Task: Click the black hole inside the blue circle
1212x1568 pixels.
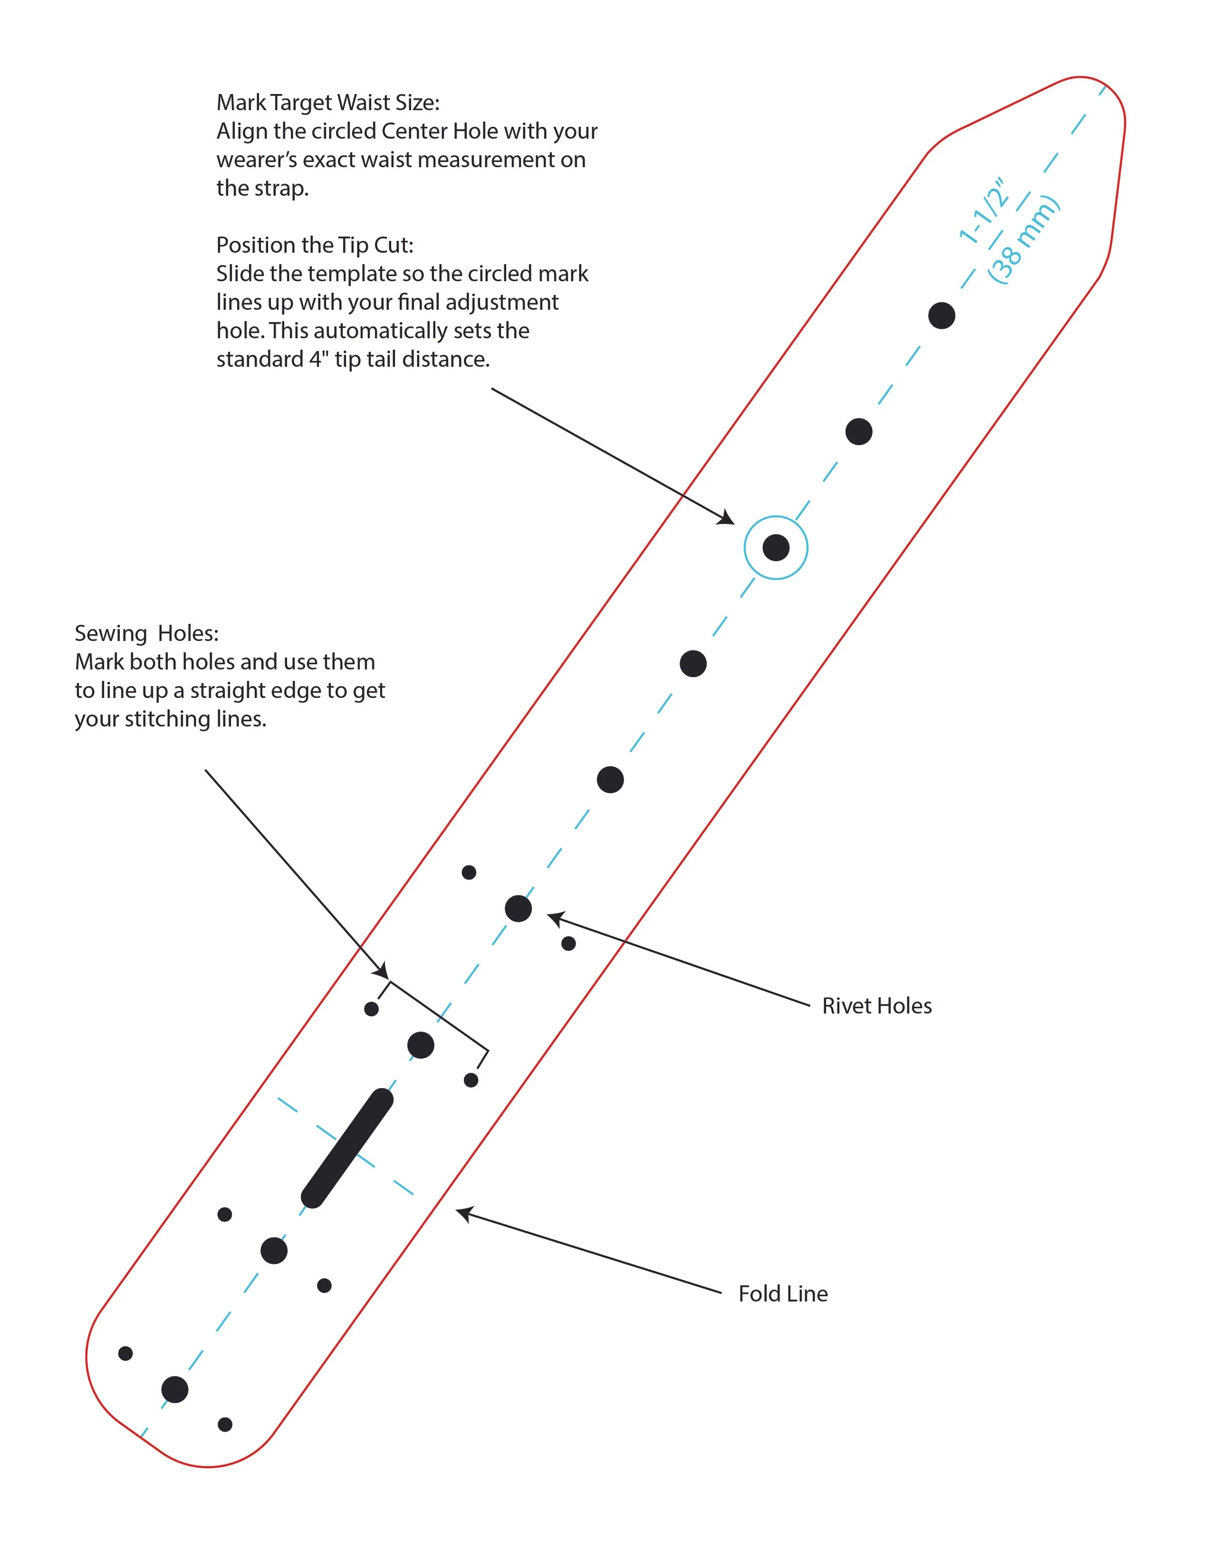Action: (x=776, y=548)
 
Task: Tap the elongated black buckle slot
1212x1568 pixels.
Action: (x=347, y=1148)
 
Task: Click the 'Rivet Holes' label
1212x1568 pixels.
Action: (x=877, y=1006)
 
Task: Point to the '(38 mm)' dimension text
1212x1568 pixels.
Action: (x=1023, y=239)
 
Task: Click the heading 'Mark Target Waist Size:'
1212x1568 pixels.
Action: (x=328, y=103)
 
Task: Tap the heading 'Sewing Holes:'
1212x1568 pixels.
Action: (x=146, y=633)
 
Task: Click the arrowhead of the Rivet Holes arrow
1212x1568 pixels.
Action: (x=555, y=918)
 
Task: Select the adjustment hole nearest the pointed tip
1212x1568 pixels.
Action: (x=941, y=315)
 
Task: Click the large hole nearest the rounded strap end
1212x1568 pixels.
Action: (x=175, y=1389)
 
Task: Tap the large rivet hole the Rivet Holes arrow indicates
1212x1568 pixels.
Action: (x=518, y=908)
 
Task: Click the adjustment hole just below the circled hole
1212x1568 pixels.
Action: (x=693, y=664)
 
